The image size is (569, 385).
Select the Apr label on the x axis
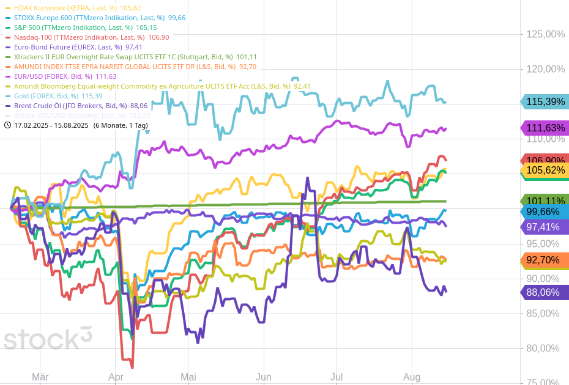click(116, 378)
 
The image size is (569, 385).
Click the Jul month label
click(337, 378)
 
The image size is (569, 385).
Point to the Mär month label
click(40, 378)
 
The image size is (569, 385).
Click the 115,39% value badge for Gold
click(545, 102)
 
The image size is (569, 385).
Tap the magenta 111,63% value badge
click(545, 128)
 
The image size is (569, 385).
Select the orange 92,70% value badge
click(545, 260)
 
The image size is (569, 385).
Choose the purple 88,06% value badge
click(545, 293)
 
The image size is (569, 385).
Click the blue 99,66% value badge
click(545, 212)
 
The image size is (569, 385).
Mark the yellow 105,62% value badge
click(545, 170)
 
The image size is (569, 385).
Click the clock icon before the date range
click(7, 125)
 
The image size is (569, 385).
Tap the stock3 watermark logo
click(48, 339)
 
